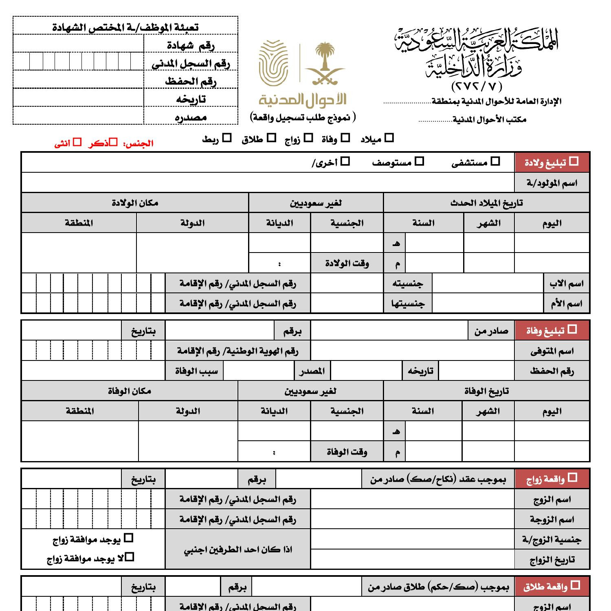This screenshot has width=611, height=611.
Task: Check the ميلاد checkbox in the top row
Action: (389, 138)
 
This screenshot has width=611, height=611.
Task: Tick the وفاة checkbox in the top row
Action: (345, 138)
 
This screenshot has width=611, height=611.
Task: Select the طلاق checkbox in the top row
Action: (271, 138)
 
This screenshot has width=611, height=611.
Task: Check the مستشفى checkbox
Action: (495, 161)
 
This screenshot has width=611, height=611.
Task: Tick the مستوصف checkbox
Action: (419, 162)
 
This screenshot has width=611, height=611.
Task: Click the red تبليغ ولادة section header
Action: (552, 162)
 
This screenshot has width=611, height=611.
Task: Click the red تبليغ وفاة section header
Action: (552, 330)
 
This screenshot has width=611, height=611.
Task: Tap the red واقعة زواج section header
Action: (552, 479)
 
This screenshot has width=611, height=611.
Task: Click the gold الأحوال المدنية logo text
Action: (302, 99)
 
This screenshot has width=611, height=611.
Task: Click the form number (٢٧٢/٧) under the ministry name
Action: (477, 86)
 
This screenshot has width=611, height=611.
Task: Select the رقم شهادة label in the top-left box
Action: (191, 45)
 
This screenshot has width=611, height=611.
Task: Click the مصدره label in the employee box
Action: (191, 117)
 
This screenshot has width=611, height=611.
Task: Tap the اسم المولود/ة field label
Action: (552, 183)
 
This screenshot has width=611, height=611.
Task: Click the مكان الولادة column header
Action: (135, 203)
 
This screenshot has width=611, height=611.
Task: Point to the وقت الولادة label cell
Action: (347, 264)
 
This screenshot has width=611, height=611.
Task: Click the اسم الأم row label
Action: (567, 303)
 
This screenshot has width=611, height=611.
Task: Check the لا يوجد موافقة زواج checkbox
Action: (130, 556)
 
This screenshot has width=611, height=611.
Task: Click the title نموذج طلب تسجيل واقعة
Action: (303, 117)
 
